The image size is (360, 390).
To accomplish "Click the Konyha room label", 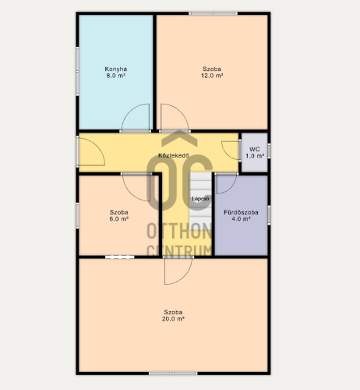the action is [x=116, y=69].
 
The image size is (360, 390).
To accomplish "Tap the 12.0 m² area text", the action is [x=212, y=76].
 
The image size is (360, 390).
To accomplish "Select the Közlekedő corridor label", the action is [x=174, y=155].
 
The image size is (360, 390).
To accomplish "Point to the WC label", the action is [x=255, y=149].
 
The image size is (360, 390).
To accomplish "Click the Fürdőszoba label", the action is [x=241, y=212].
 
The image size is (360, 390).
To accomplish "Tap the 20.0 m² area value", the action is [x=173, y=319].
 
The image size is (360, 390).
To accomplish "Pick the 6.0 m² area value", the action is [x=119, y=219].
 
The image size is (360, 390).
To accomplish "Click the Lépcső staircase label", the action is [x=200, y=199].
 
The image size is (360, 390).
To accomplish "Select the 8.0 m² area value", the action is [x=116, y=76].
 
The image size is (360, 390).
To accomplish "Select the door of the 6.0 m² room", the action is [x=130, y=193].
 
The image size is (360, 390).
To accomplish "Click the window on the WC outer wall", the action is [x=269, y=151].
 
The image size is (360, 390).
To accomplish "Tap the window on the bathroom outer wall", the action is [x=269, y=215].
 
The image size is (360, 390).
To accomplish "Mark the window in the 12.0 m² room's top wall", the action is [x=213, y=13].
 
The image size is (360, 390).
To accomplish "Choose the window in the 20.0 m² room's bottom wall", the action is [x=173, y=374].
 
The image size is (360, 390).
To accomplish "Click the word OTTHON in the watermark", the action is [x=179, y=231].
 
